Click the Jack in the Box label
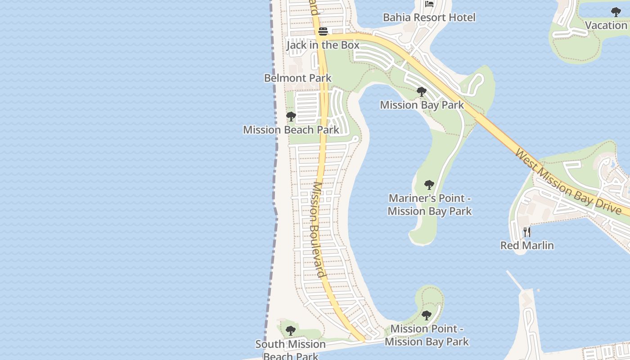click(323, 45)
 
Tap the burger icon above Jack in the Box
click(323, 31)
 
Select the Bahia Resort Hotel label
click(429, 18)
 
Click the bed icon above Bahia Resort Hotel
click(429, 4)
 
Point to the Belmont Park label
click(297, 78)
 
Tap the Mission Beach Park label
click(291, 130)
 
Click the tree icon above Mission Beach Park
click(291, 117)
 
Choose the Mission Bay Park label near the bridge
click(422, 105)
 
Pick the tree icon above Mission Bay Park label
click(422, 92)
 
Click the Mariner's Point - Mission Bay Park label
click(429, 205)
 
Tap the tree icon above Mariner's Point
click(429, 184)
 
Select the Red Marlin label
click(527, 246)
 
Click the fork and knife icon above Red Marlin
click(527, 232)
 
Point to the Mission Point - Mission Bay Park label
click(427, 335)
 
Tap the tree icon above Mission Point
click(427, 315)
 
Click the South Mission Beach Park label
click(291, 350)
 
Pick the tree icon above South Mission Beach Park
click(291, 331)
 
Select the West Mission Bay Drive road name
click(568, 182)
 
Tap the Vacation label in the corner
click(606, 25)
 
